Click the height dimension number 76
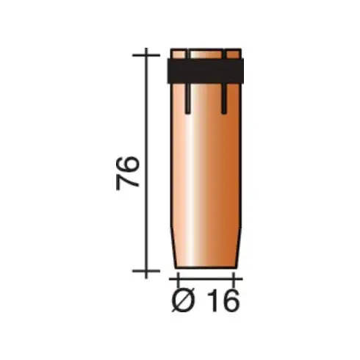128,173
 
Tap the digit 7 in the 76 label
128,182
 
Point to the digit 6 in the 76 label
128,165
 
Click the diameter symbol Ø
183,300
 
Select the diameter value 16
223,300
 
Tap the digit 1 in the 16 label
213,300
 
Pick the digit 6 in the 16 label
230,300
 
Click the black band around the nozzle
206,71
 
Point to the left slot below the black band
188,98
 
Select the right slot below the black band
224,98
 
